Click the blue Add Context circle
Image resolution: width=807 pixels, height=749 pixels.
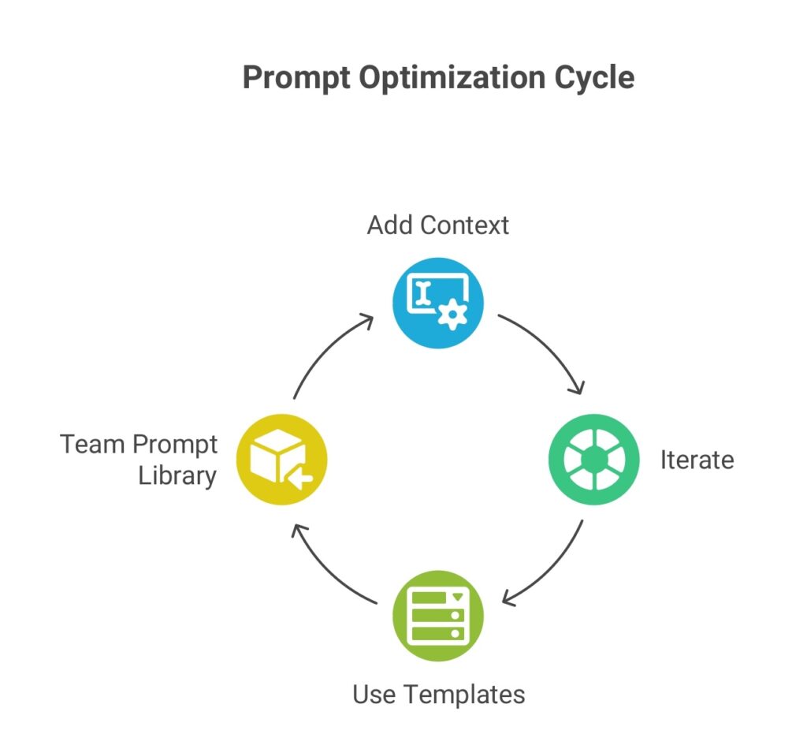(437, 304)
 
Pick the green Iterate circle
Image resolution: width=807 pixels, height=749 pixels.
(593, 460)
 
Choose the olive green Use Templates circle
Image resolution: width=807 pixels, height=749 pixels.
(437, 616)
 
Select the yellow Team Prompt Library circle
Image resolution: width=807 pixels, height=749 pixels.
(281, 460)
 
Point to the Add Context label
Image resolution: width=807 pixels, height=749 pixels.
(437, 225)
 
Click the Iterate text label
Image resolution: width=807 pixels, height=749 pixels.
(697, 460)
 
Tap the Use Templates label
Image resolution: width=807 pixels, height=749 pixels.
(437, 695)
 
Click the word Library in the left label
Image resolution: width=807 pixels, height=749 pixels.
(177, 476)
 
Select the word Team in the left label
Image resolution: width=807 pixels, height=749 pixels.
(93, 445)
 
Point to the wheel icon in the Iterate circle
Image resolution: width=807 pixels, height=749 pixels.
(593, 460)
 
